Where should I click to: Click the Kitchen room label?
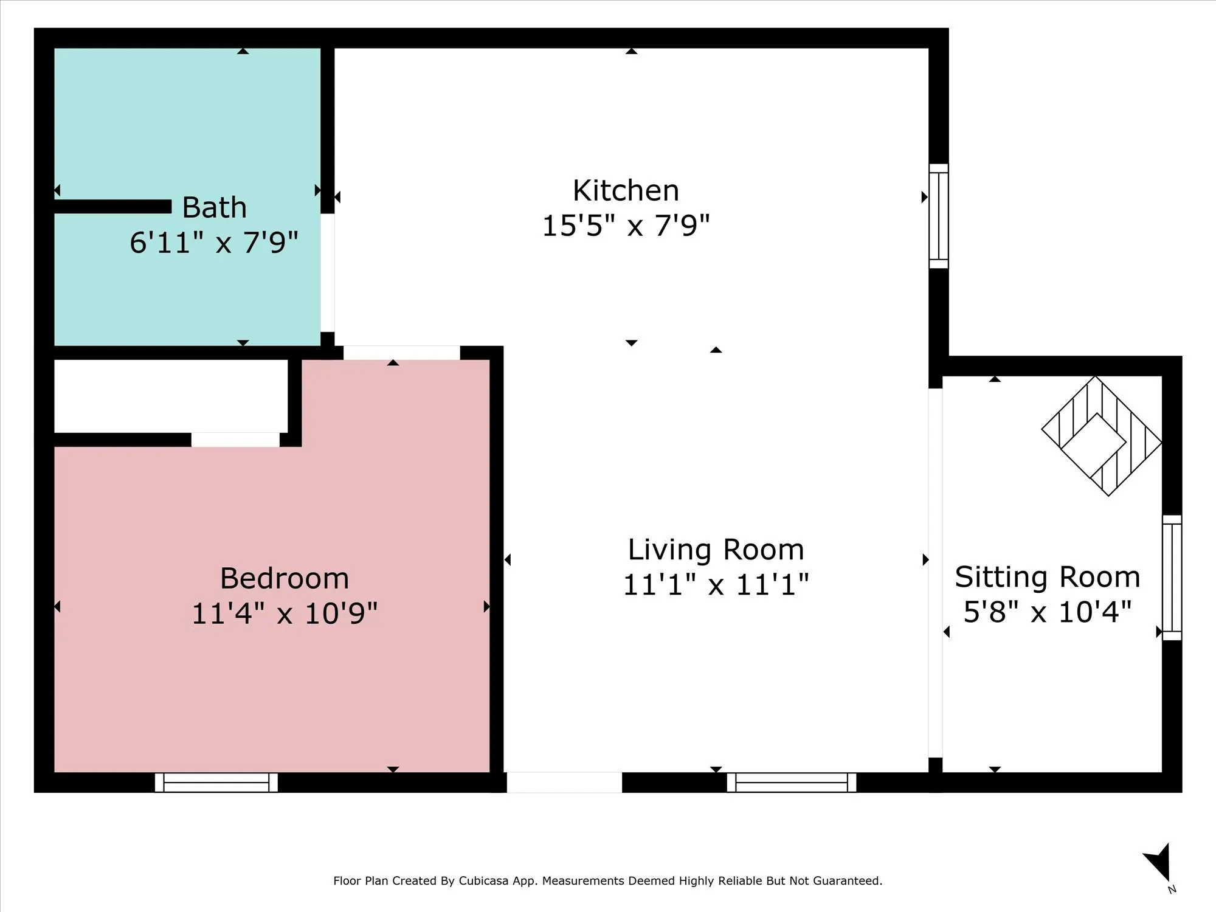tap(626, 191)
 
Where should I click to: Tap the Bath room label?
tap(215, 208)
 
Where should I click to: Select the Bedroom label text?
tap(285, 578)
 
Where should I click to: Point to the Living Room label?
tap(716, 550)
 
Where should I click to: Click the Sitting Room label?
tap(1048, 577)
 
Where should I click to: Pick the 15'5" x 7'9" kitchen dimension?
tap(626, 226)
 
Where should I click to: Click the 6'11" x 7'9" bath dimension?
tap(214, 243)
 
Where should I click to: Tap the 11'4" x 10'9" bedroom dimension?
tap(285, 613)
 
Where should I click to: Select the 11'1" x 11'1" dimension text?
tap(716, 585)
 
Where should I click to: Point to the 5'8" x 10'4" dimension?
tap(1048, 612)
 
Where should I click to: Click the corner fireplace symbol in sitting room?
tap(1102, 436)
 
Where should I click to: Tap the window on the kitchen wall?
tap(939, 216)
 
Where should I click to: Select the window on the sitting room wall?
tap(1172, 578)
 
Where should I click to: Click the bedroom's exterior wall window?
tap(216, 782)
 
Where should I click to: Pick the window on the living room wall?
tap(792, 782)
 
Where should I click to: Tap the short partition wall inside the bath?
tap(112, 207)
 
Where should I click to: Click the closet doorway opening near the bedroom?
tap(235, 440)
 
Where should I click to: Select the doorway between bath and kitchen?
tap(328, 273)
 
